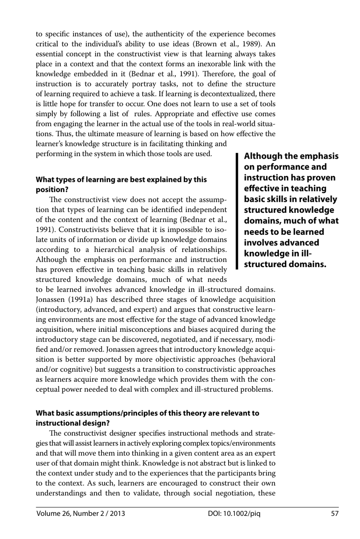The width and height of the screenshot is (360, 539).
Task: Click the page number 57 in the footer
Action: coord(334,514)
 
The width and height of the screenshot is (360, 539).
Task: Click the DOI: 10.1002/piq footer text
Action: coord(234,514)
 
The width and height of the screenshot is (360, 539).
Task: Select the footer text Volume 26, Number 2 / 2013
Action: coord(81,514)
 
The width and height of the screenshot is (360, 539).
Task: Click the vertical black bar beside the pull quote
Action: coord(237,211)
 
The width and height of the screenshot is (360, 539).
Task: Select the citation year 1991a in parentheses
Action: coord(82,300)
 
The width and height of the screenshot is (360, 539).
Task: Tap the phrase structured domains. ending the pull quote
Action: coord(285,264)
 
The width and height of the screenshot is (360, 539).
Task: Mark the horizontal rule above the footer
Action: coord(187,507)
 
